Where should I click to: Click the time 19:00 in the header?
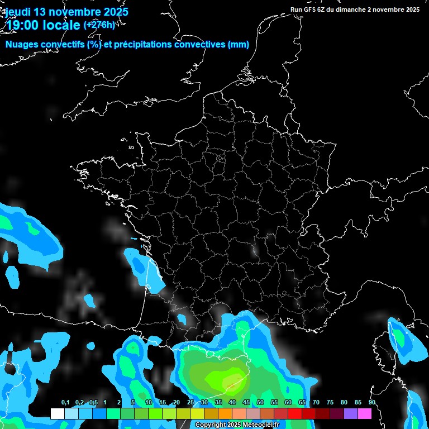pos(25,25)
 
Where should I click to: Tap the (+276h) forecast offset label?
pos(99,25)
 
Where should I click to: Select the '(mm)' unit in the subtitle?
pos(239,45)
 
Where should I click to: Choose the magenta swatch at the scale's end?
pos(365,414)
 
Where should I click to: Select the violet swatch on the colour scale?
pos(351,414)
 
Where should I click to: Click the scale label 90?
pos(371,403)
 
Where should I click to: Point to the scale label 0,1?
pos(65,403)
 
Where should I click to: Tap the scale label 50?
pos(260,403)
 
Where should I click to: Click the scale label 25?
pos(190,403)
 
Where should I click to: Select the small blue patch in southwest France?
pos(181,320)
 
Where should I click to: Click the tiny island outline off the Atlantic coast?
pos(134,239)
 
